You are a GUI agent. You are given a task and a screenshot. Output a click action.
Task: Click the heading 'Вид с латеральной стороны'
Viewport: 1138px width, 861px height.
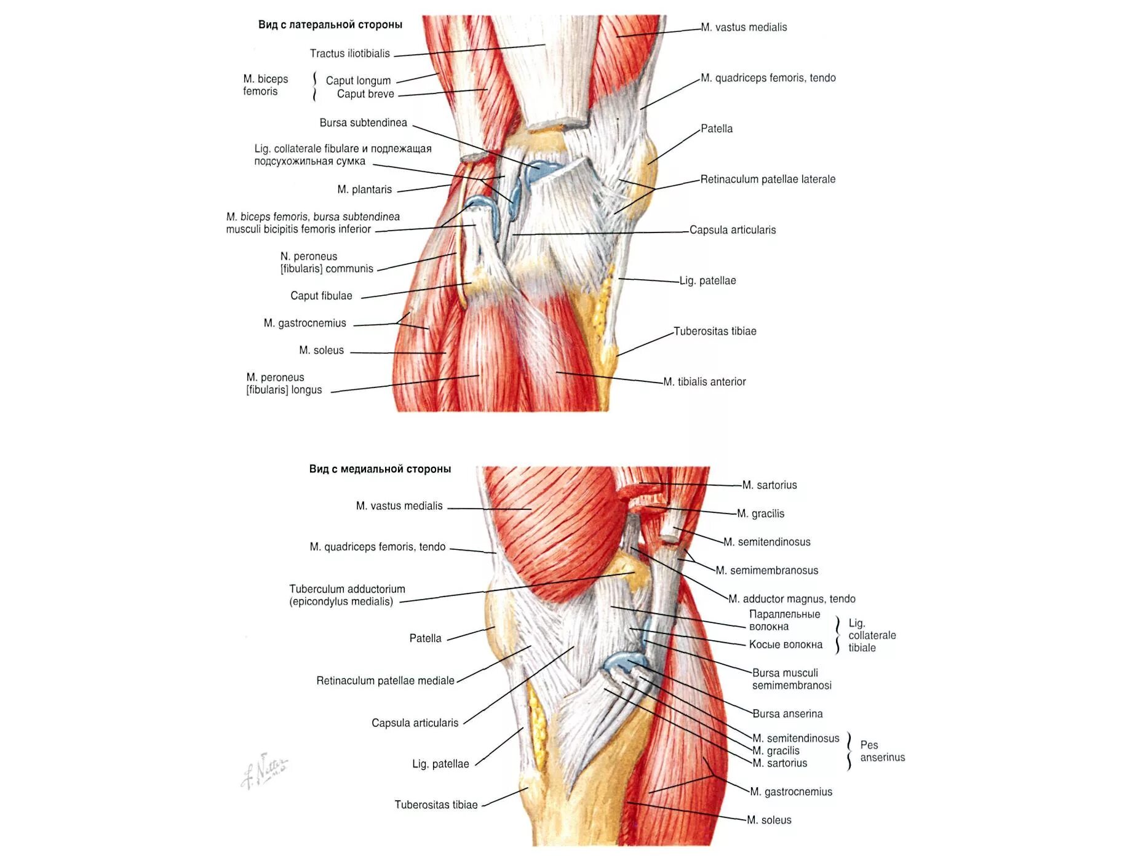pyautogui.click(x=330, y=25)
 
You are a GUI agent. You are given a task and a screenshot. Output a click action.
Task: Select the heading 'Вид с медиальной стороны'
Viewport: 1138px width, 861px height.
pyautogui.click(x=380, y=469)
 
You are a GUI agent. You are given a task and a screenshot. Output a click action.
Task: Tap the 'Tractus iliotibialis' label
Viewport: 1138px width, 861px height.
pyautogui.click(x=349, y=54)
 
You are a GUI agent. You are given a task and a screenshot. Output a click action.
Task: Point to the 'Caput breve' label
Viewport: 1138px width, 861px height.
pyautogui.click(x=365, y=94)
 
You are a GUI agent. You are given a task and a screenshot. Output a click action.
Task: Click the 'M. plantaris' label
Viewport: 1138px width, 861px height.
pyautogui.click(x=364, y=189)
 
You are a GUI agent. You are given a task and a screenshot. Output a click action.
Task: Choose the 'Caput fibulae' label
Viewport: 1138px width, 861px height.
pyautogui.click(x=321, y=296)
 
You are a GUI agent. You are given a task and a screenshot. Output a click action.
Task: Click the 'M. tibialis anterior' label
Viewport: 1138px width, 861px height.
pyautogui.click(x=704, y=382)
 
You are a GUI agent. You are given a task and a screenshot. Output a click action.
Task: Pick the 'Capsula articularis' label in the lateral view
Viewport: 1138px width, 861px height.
pyautogui.click(x=733, y=230)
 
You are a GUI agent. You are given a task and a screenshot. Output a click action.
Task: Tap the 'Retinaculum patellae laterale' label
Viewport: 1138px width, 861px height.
pyautogui.click(x=768, y=180)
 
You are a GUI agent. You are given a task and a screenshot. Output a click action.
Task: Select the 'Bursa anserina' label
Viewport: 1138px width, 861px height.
pyautogui.click(x=787, y=714)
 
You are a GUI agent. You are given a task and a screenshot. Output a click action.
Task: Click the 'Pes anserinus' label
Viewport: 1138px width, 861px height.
pyautogui.click(x=882, y=752)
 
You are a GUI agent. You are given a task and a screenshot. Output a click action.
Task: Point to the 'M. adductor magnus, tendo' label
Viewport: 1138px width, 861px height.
pyautogui.click(x=792, y=599)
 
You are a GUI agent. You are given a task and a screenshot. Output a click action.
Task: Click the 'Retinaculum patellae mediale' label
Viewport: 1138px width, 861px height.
pyautogui.click(x=385, y=681)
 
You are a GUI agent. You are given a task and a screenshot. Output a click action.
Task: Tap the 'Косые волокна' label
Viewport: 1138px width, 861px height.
pyautogui.click(x=786, y=645)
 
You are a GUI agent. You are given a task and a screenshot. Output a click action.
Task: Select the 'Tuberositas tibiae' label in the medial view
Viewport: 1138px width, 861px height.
pyautogui.click(x=436, y=805)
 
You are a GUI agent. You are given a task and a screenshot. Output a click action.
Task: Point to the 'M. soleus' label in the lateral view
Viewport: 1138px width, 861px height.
pyautogui.click(x=321, y=351)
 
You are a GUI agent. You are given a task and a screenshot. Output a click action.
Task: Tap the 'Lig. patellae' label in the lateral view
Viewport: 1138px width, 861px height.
pyautogui.click(x=707, y=281)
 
